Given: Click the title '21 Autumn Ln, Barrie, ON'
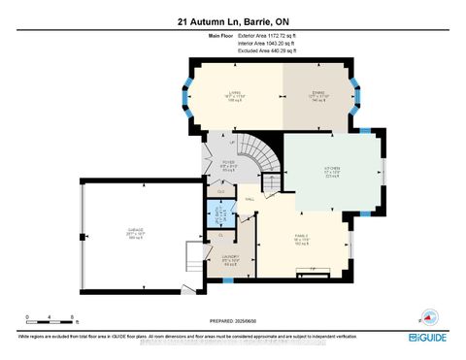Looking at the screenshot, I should tap(232, 20).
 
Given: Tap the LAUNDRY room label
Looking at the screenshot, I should tap(229, 259).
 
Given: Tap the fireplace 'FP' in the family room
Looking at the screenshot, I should tap(311, 268).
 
